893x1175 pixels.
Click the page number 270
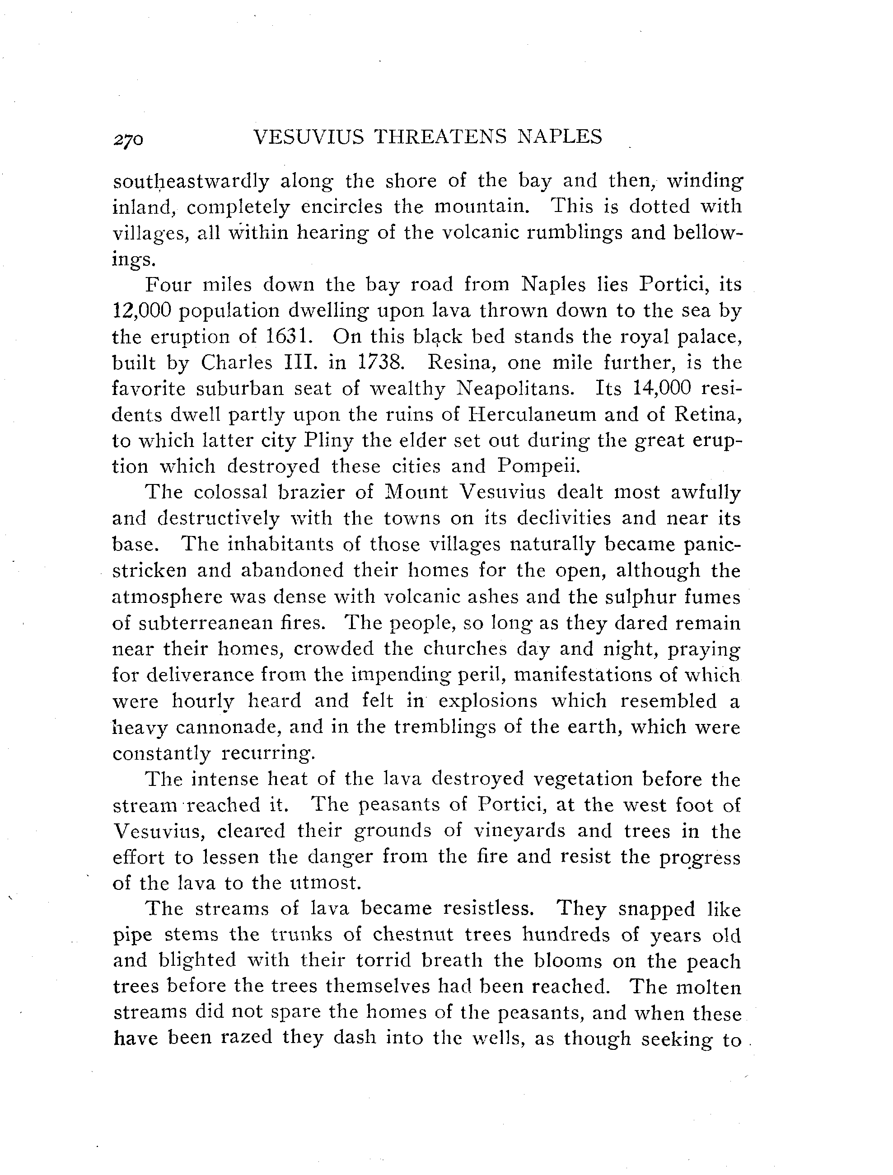(128, 139)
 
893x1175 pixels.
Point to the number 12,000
(142, 311)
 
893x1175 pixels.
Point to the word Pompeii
(538, 467)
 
